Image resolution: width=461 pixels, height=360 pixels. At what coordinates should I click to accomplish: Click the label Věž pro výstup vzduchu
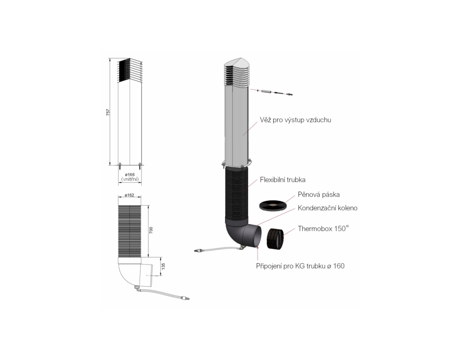(x=295, y=121)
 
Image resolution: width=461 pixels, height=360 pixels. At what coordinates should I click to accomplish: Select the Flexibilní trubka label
(x=283, y=180)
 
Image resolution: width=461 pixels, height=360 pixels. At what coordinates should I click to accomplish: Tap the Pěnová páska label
(x=319, y=195)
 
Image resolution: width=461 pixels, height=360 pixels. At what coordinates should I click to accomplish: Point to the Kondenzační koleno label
(x=327, y=208)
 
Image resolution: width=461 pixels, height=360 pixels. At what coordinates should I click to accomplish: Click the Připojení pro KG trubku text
(x=300, y=266)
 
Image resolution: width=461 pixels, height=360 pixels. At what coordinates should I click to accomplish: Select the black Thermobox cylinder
(x=275, y=238)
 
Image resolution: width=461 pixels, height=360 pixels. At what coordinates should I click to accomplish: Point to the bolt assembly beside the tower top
(x=275, y=93)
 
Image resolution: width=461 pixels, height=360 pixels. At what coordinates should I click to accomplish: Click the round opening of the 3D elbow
(x=256, y=235)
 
